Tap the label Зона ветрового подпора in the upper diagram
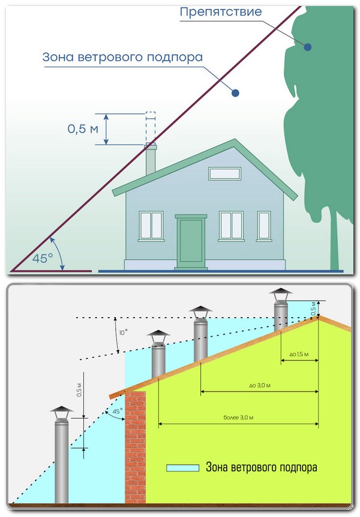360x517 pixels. (122, 58)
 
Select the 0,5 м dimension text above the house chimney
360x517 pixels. (82, 128)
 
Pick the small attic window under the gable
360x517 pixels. (224, 174)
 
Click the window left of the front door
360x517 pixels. (151, 225)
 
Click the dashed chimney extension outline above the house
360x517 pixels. (151, 125)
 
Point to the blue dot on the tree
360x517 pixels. (307, 46)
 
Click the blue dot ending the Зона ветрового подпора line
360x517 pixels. (236, 93)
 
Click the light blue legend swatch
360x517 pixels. (183, 467)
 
